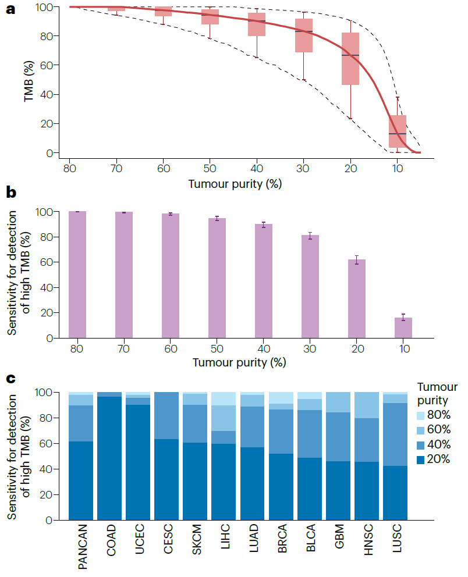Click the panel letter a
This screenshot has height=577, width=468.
(10, 10)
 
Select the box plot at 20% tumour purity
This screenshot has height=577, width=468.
(350, 59)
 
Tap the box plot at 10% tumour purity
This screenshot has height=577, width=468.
(398, 131)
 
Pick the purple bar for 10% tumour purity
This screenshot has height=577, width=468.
(403, 327)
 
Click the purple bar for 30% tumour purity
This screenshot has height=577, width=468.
(310, 286)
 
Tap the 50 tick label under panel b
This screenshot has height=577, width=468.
(217, 348)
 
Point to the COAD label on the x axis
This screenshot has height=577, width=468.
(110, 541)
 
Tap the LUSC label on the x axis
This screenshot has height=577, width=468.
(396, 541)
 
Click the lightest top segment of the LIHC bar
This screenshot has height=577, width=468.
(224, 399)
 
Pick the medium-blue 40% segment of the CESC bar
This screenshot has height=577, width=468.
(167, 415)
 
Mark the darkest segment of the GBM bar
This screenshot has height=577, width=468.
(338, 490)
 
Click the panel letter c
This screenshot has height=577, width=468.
(10, 378)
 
